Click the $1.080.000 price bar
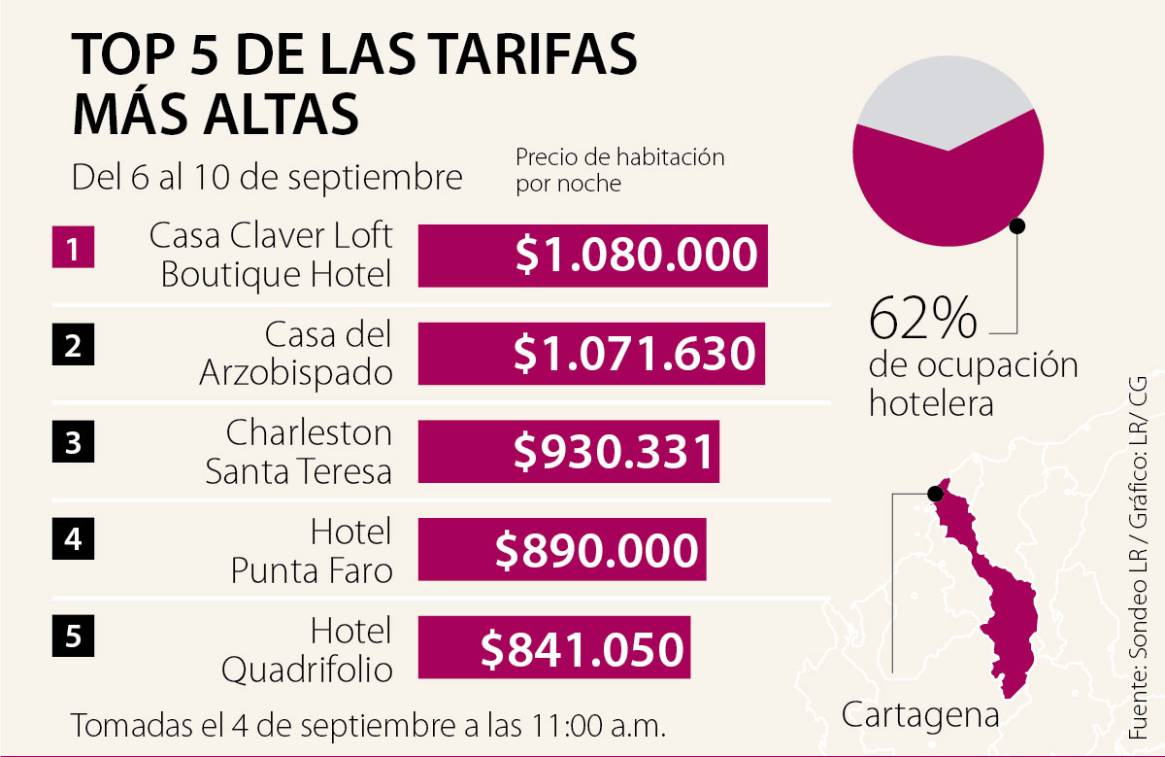[x=592, y=256]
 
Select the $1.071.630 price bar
[x=590, y=354]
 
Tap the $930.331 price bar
[x=568, y=452]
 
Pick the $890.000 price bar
[x=561, y=550]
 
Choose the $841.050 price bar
[x=553, y=648]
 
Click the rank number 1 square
[x=72, y=248]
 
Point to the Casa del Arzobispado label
[x=296, y=354]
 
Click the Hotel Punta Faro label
[x=312, y=551]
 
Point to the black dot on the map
[x=937, y=492]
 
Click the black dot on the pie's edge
[x=1017, y=225]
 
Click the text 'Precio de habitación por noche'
[x=619, y=169]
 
